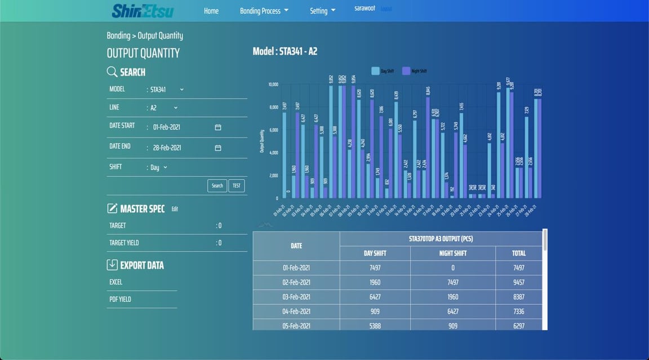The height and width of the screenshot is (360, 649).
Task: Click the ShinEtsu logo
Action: coord(143,11)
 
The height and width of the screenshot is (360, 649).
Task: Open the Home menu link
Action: coord(211,11)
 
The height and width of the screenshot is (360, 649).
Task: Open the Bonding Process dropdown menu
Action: coord(264,11)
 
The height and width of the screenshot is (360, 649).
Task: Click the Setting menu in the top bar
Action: coord(322,11)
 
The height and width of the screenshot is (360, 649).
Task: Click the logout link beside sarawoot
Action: coord(386,9)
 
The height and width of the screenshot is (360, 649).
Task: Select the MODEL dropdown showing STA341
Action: coord(167,90)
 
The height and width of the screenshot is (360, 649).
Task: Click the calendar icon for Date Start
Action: coord(218,127)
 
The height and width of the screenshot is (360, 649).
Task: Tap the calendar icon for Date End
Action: coord(218,148)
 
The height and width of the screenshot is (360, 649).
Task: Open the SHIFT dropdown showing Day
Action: coord(158,167)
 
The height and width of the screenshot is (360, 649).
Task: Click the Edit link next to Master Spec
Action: coord(175,209)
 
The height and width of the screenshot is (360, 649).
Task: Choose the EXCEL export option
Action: coord(116,282)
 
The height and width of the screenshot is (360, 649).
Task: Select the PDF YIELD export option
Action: coord(120,299)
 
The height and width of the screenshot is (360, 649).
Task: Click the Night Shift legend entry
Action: coord(415,71)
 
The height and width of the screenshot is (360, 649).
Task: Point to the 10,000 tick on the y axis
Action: coord(273,85)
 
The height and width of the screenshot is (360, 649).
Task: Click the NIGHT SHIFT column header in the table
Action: coord(453,254)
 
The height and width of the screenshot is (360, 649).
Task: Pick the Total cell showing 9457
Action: coord(519,282)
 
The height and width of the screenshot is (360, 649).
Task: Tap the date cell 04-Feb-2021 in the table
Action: coord(296,312)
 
